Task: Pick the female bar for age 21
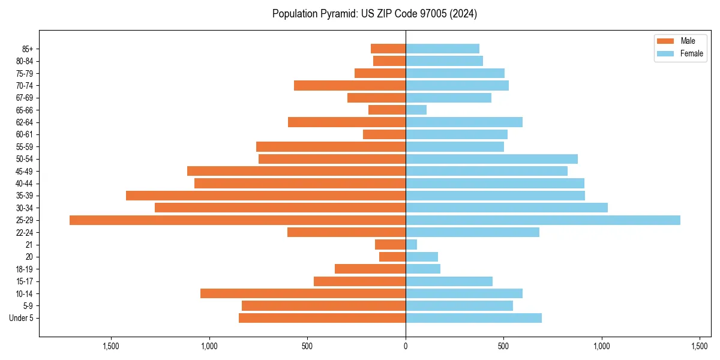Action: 412,245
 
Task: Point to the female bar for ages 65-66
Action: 416,110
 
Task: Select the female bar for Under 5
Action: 473,318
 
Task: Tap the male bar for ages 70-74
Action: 350,85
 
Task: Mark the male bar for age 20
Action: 392,257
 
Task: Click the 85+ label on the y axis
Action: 28,49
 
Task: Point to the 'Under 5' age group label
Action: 22,318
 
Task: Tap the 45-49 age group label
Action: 25,171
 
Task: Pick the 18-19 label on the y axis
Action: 25,269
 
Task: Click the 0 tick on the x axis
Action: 406,346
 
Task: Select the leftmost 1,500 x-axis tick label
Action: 111,346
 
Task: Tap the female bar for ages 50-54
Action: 491,159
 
